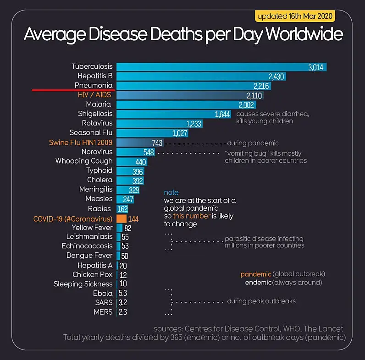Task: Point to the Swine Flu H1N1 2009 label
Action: (81, 142)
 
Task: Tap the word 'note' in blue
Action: (171, 193)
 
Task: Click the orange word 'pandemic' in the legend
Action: (255, 274)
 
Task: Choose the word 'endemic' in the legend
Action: (258, 283)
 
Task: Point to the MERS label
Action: (103, 312)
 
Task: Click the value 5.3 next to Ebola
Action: (123, 293)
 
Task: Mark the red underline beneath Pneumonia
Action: (74, 90)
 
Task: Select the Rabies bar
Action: (122, 208)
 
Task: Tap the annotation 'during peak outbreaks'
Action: (261, 301)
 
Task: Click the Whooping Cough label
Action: (84, 161)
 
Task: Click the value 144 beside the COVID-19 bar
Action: (133, 219)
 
